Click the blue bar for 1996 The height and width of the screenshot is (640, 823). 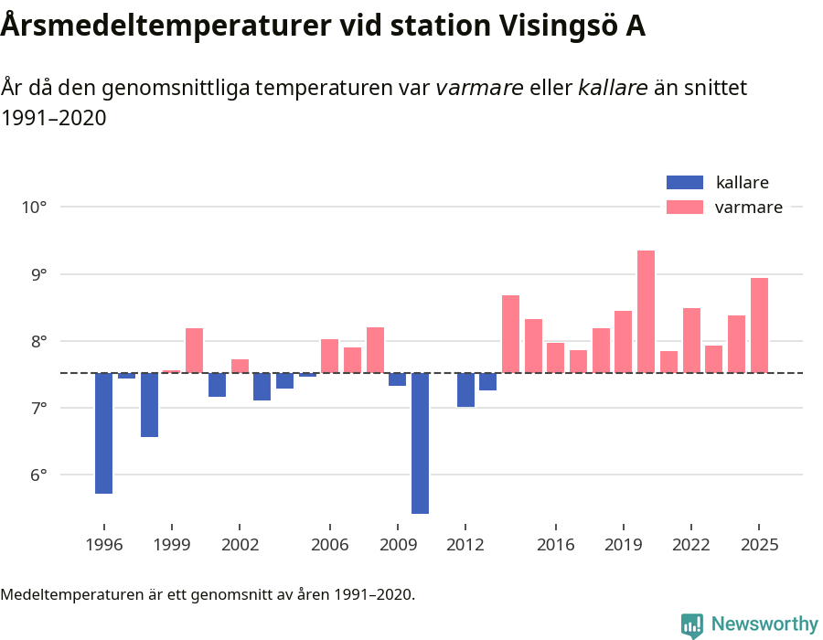(x=103, y=432)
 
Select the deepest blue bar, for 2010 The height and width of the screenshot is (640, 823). (x=420, y=443)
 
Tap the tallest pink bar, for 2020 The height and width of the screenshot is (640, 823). (x=646, y=311)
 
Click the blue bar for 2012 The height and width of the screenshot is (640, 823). (x=465, y=389)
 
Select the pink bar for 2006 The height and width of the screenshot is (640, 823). (x=329, y=356)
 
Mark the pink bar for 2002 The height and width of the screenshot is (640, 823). (x=240, y=366)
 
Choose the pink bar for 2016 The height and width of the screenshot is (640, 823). (x=555, y=357)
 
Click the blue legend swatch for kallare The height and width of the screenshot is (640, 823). (x=685, y=182)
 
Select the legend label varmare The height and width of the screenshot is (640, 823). (x=748, y=208)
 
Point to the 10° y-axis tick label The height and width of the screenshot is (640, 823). (x=34, y=208)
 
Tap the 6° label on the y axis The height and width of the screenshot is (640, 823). (x=37, y=475)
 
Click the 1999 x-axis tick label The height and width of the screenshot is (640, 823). (x=172, y=545)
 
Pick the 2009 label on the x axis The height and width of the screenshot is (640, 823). (x=397, y=545)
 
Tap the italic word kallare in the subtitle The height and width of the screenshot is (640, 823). (x=613, y=88)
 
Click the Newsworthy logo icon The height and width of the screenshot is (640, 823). (x=692, y=624)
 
